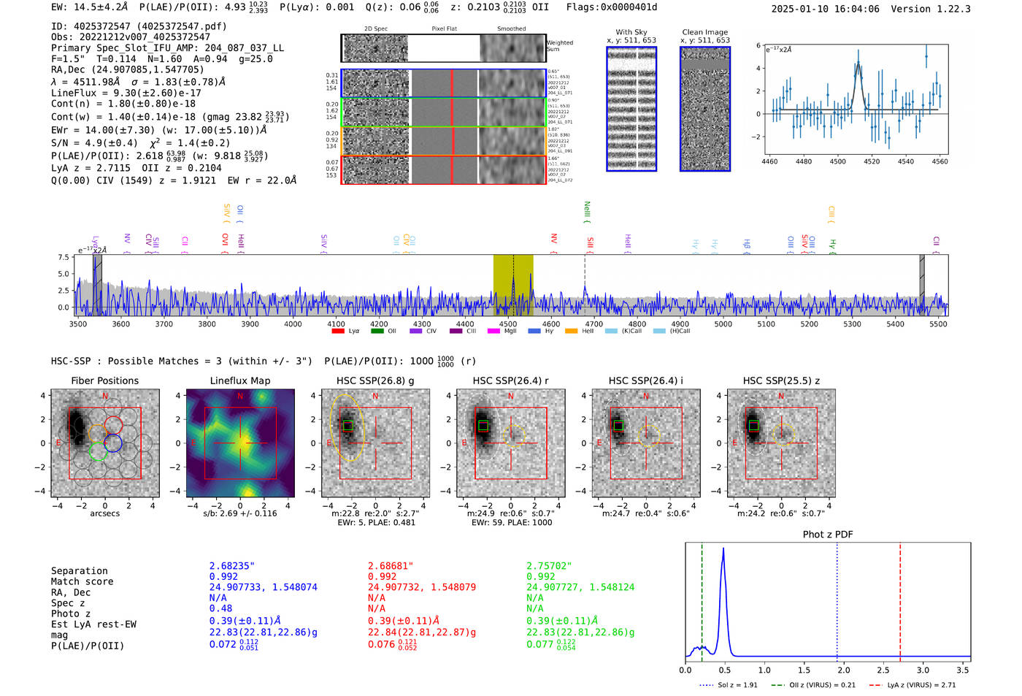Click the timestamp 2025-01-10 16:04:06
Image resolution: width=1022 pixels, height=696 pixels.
pyautogui.click(x=825, y=9)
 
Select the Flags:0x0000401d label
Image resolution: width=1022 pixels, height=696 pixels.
pyautogui.click(x=612, y=7)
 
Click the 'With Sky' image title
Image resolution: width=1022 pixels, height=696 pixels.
pyautogui.click(x=631, y=32)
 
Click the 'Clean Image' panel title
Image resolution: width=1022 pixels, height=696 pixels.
pyautogui.click(x=704, y=32)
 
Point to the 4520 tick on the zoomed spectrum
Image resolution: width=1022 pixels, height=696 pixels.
pyautogui.click(x=872, y=161)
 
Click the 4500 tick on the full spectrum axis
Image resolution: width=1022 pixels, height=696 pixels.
pyautogui.click(x=507, y=324)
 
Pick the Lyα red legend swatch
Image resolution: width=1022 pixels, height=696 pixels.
pyautogui.click(x=338, y=332)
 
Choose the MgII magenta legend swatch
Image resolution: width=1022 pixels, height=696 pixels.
pyautogui.click(x=493, y=332)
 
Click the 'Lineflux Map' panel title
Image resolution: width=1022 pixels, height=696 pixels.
pyautogui.click(x=239, y=380)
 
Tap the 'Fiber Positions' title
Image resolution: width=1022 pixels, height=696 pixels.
pyautogui.click(x=104, y=380)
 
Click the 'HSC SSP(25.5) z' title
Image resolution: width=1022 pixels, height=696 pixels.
pyautogui.click(x=781, y=380)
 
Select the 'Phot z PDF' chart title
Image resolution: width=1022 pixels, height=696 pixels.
pyautogui.click(x=827, y=535)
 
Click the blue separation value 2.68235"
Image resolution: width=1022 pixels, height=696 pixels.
pyautogui.click(x=231, y=566)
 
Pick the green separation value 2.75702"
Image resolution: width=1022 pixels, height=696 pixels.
pyautogui.click(x=549, y=566)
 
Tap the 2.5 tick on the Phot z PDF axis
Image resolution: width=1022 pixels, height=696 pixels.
pyautogui.click(x=883, y=670)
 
